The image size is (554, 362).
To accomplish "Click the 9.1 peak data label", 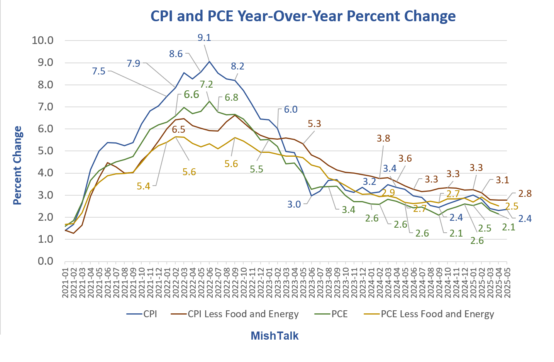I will click(204, 38).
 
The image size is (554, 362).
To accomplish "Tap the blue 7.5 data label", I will click(99, 71).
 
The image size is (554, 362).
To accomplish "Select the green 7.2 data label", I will click(206, 84).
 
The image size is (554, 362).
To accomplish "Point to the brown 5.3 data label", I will click(314, 124).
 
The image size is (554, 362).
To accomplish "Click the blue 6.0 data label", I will click(291, 110).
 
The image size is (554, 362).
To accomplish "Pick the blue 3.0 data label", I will click(294, 205).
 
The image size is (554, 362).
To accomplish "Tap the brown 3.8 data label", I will click(383, 139).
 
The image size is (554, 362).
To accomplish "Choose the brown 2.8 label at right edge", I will click(525, 194).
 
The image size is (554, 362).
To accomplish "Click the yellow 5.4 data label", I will click(143, 186).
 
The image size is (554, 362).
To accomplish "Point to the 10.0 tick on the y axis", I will click(42, 41).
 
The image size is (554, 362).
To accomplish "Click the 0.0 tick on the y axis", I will click(46, 261).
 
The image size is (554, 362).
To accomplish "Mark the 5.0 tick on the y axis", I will click(46, 151).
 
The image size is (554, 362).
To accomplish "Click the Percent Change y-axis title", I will click(18, 165).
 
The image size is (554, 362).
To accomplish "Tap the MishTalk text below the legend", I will click(274, 336).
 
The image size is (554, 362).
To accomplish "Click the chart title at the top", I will click(303, 16).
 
